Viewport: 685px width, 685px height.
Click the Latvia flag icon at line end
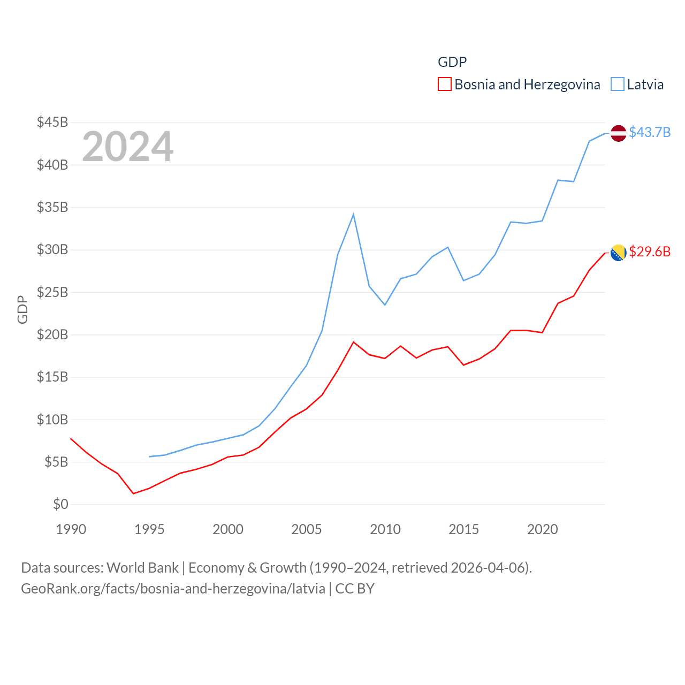[x=618, y=133]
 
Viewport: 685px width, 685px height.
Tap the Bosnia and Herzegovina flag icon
[x=618, y=253]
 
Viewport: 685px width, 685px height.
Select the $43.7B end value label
[x=650, y=132]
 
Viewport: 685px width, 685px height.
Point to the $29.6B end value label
[x=650, y=252]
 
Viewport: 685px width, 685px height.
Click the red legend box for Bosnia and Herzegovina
[x=444, y=85]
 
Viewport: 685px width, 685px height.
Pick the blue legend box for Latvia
[x=617, y=85]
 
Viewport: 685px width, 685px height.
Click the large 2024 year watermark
[x=127, y=146]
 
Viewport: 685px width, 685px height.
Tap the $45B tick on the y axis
[x=52, y=122]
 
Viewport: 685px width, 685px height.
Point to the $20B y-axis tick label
[x=52, y=334]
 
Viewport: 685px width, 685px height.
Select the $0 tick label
[x=60, y=504]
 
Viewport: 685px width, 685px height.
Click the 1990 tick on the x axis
[x=71, y=529]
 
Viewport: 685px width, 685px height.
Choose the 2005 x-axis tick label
[x=307, y=529]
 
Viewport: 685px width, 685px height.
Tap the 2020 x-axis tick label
[x=543, y=529]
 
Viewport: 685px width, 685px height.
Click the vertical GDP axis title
[x=22, y=309]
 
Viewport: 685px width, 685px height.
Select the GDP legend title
[x=452, y=62]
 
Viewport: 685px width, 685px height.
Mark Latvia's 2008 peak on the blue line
[x=353, y=214]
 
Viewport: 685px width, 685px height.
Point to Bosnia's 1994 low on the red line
[x=133, y=493]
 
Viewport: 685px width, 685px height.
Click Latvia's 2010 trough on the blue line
[x=385, y=305]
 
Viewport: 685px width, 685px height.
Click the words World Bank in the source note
[x=142, y=567]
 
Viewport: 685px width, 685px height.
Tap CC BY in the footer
[x=355, y=589]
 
